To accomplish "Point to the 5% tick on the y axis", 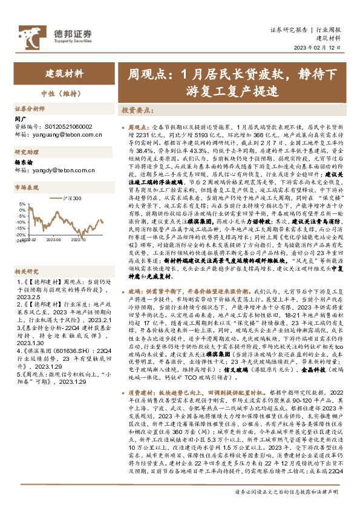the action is pyautogui.click(x=21, y=204).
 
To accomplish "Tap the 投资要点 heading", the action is pyautogui.click(x=137, y=111).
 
